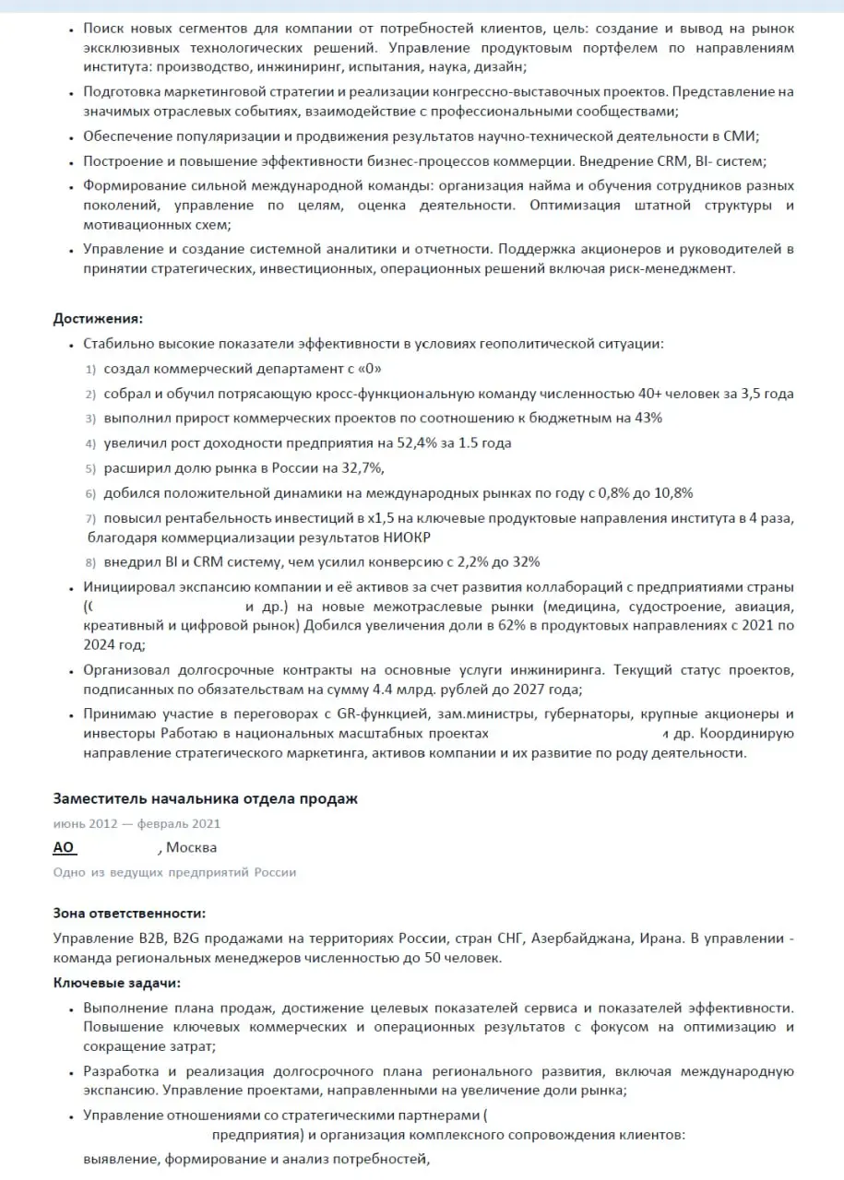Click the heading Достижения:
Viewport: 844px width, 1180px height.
click(98, 319)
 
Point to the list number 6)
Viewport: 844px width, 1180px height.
click(90, 492)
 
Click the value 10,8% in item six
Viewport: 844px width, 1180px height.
click(673, 492)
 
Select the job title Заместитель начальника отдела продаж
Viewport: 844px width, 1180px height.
click(205, 798)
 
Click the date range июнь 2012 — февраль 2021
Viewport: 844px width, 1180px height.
click(137, 823)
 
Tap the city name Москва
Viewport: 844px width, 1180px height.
click(192, 847)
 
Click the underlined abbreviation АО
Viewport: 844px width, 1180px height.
click(64, 847)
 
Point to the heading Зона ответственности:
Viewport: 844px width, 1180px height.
click(129, 913)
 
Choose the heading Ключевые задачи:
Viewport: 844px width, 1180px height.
click(116, 983)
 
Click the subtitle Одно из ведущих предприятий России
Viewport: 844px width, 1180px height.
click(174, 871)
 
